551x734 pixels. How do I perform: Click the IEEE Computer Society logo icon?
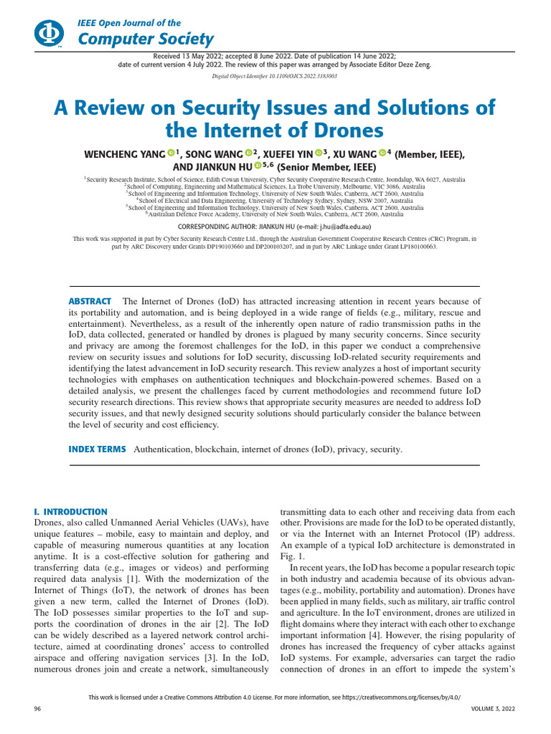point(48,33)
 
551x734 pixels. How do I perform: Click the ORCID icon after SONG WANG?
point(248,153)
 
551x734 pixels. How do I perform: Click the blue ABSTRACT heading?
point(90,301)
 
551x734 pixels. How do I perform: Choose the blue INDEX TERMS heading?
point(97,449)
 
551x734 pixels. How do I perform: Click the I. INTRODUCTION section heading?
point(70,512)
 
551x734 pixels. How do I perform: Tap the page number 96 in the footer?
point(38,708)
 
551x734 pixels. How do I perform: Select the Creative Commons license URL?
point(399,697)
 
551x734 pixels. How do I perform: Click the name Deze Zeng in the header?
point(419,63)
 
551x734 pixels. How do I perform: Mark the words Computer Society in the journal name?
point(146,39)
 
